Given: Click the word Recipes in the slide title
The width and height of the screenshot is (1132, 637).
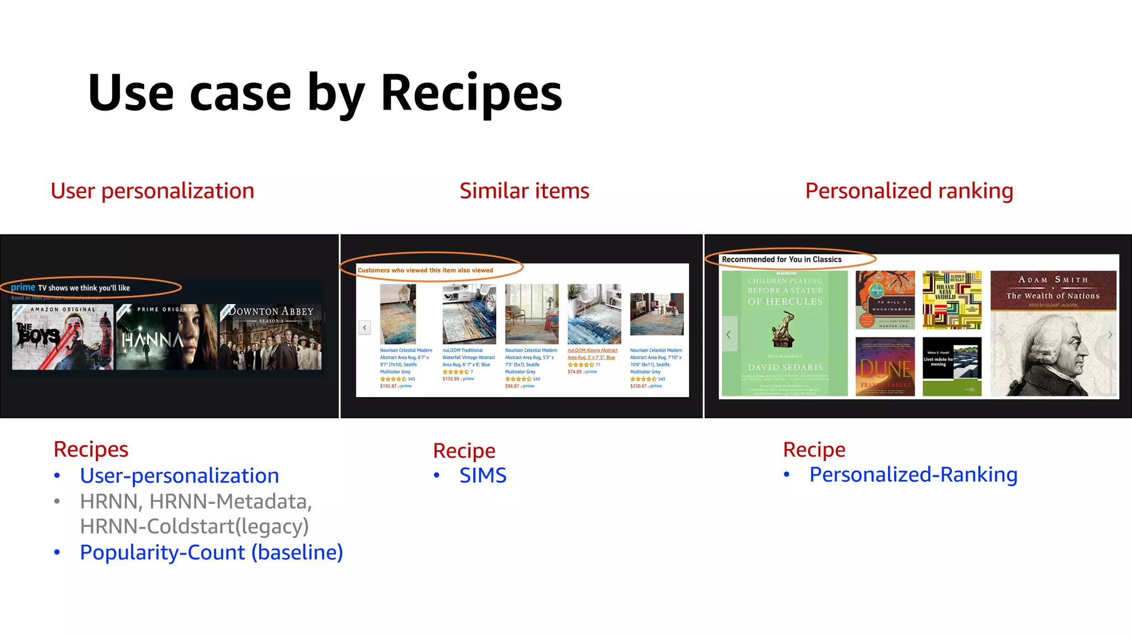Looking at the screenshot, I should (x=471, y=93).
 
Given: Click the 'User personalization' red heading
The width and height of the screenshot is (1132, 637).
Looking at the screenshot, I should (x=152, y=191).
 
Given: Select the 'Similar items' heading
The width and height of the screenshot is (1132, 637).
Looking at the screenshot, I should (x=524, y=191).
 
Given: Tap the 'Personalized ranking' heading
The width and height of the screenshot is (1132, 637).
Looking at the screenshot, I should (x=909, y=191).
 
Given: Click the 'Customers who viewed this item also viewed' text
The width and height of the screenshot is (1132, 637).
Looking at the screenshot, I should (x=425, y=270).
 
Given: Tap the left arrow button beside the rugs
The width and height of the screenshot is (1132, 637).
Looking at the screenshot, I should (x=365, y=327).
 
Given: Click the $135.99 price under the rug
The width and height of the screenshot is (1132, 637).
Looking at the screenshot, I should (x=450, y=379).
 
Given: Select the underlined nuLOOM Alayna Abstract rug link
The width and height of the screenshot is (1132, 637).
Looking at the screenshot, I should (x=592, y=354).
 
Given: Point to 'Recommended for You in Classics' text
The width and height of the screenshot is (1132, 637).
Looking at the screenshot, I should (x=781, y=259).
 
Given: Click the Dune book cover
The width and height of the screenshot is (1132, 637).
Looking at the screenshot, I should (x=885, y=366).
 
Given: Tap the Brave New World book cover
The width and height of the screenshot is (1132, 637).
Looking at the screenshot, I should (x=952, y=300).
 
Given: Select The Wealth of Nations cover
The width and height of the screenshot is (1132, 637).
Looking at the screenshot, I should (x=1053, y=333).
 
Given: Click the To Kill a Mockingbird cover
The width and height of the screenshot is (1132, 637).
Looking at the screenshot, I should (x=885, y=300).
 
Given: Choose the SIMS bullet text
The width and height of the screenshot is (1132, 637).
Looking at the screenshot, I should (x=483, y=476).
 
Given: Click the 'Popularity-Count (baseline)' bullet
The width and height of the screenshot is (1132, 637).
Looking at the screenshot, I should (x=211, y=552).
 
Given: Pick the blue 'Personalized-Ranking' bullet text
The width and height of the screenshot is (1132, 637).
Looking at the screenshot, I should (x=913, y=474).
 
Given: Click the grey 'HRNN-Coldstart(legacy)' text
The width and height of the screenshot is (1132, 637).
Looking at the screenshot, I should (x=194, y=526).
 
